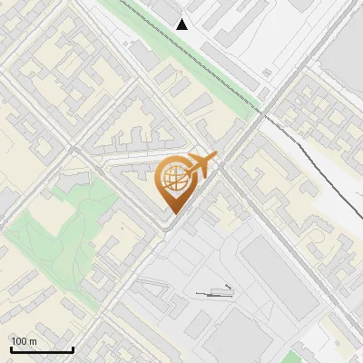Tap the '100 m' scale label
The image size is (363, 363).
coord(24,341)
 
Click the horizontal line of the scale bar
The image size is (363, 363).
coord(42,350)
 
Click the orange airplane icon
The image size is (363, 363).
coord(201,164)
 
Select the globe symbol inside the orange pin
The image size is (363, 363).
coord(172,178)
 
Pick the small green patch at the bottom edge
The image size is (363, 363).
coord(292,358)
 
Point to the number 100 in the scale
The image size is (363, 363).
coord(19,341)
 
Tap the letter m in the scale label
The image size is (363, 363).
coord(33,341)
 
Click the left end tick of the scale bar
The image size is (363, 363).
coord(11,348)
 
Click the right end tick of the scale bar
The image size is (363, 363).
coord(73,348)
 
